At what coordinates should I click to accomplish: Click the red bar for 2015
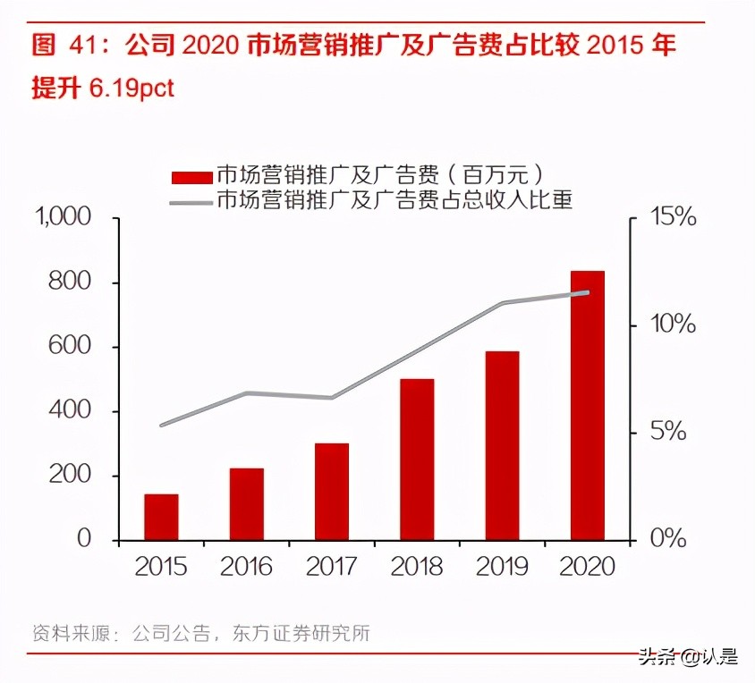point(161,517)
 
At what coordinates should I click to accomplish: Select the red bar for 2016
point(246,504)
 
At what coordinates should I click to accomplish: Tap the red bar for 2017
point(331,492)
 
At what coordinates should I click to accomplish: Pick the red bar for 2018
point(417,460)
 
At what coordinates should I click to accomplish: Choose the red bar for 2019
point(502,445)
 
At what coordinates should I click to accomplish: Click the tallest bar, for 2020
point(588,405)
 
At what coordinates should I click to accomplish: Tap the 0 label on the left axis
point(84,539)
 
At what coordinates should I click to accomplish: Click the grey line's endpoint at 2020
point(588,292)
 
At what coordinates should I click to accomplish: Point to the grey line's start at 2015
point(161,426)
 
